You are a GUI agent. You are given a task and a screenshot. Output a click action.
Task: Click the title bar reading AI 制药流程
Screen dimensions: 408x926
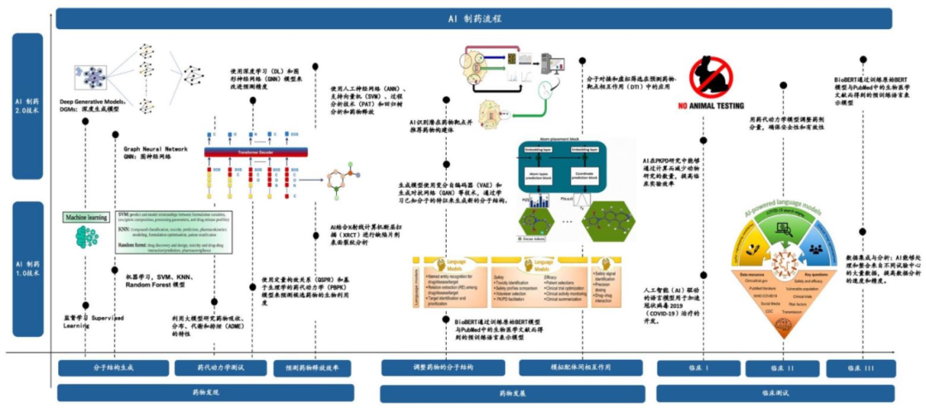(474, 18)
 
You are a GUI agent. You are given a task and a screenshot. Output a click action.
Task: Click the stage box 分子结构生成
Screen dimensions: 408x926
(113, 368)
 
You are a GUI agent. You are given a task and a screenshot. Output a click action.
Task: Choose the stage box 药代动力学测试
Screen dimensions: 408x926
(220, 368)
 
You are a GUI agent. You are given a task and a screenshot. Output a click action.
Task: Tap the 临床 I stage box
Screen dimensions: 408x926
(695, 368)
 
